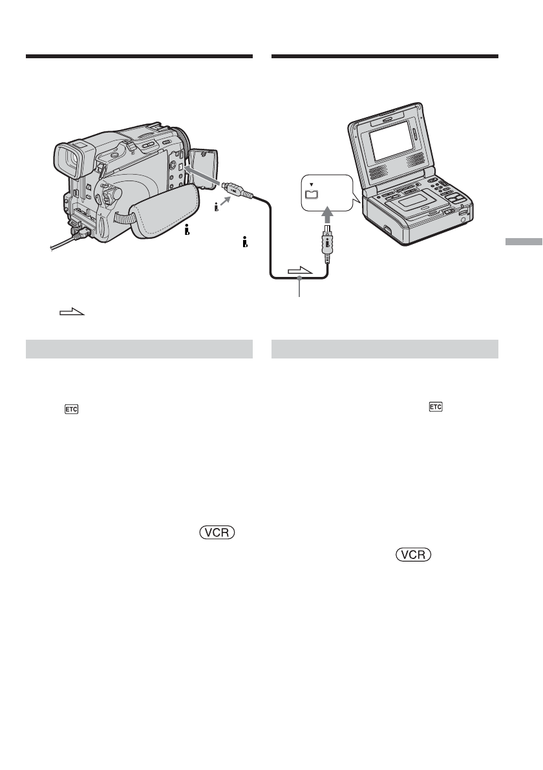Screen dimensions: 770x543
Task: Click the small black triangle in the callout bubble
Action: click(x=312, y=184)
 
